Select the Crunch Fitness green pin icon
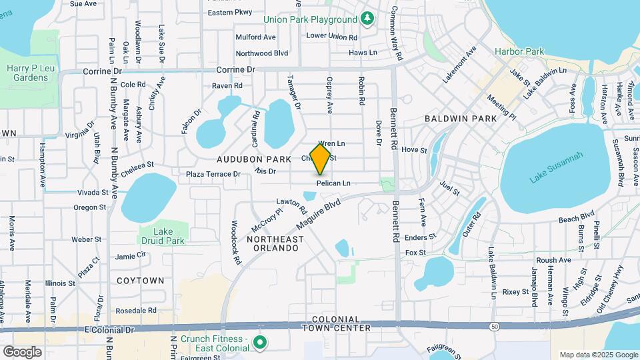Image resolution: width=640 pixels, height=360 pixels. coord(260,343)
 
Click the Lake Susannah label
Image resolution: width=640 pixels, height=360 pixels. coord(556,167)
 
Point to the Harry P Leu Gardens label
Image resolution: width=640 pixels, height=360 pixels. coord(27,73)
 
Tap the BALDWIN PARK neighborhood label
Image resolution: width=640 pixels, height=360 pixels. coord(461,119)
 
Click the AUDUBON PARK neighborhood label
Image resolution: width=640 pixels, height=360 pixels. coord(253,159)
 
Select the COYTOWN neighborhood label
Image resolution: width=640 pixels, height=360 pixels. coord(140,281)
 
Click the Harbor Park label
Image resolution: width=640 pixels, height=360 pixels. coord(519,51)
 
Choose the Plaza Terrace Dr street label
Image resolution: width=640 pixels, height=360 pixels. coord(213,174)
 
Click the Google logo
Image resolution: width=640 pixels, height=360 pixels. coord(22,351)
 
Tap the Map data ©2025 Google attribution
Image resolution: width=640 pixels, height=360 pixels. coord(598,355)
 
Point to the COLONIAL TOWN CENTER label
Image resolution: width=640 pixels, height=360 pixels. coord(336,324)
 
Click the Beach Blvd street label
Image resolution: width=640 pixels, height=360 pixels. coord(576,218)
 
